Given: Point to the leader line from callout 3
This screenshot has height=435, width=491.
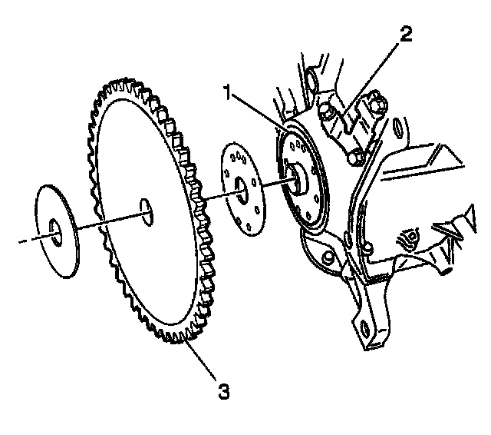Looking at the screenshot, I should (203, 366).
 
